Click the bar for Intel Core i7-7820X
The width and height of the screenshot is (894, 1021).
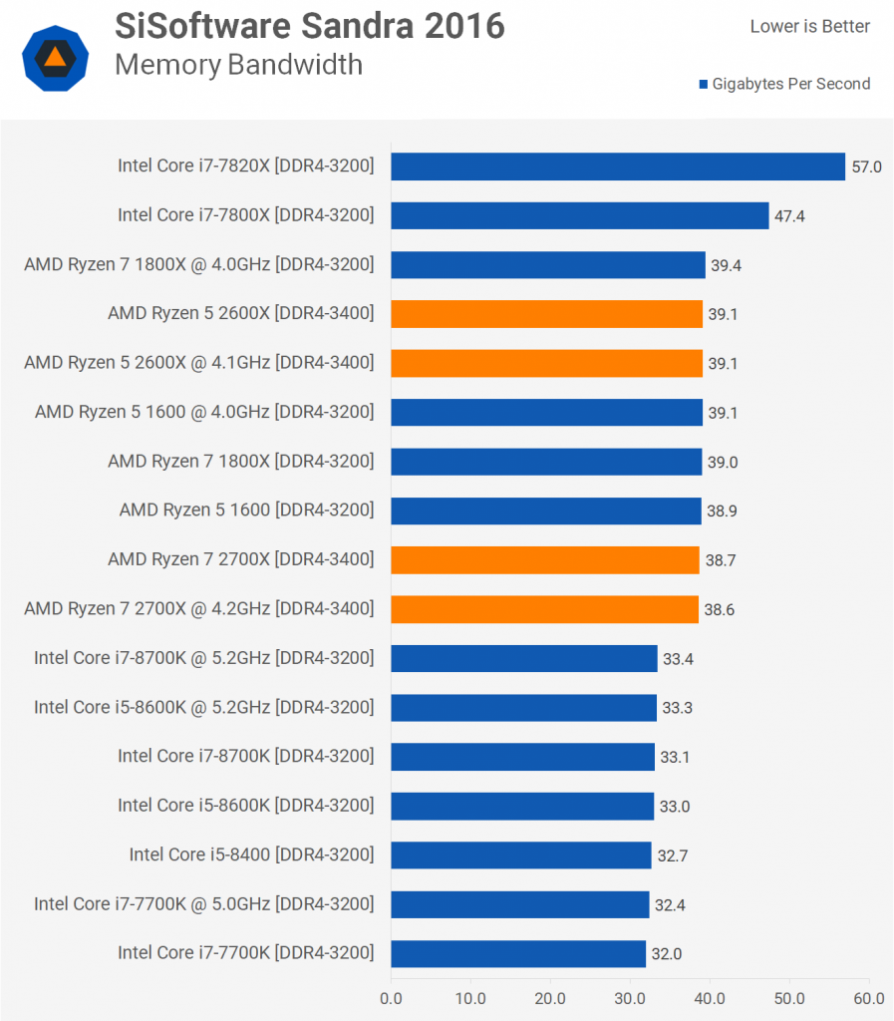[618, 167]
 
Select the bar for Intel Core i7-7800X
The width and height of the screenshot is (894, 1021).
[580, 215]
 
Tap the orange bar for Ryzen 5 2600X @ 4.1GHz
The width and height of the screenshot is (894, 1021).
[546, 363]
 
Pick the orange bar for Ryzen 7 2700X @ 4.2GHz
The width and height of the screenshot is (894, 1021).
[544, 609]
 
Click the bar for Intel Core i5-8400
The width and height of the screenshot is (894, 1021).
[520, 854]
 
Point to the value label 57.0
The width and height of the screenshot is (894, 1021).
[866, 167]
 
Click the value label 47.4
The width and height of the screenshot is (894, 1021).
[789, 215]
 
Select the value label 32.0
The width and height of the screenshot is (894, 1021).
[666, 954]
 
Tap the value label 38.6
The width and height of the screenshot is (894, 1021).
[719, 609]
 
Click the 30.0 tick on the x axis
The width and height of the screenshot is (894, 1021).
[630, 996]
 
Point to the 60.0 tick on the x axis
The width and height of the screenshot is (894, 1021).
[869, 996]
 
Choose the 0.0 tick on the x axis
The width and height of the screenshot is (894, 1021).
[391, 996]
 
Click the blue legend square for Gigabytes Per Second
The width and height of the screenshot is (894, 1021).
[704, 85]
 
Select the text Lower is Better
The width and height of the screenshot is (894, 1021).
[809, 27]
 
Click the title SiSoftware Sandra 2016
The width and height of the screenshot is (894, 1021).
[310, 26]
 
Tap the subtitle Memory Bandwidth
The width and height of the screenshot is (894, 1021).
[238, 65]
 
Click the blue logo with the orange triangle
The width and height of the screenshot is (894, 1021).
[56, 59]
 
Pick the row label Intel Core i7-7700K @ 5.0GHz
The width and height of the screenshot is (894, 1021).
[204, 904]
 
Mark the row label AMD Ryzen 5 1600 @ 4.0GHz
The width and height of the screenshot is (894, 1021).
[204, 412]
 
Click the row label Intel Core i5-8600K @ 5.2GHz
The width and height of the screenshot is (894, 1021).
[204, 707]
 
